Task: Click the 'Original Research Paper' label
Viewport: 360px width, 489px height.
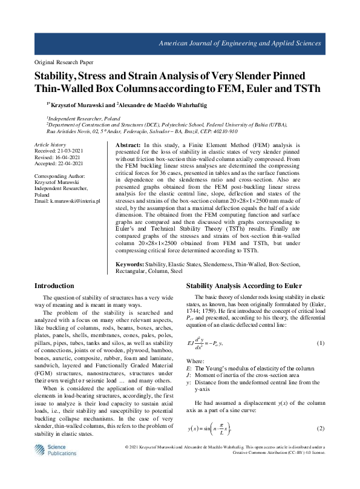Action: (64, 62)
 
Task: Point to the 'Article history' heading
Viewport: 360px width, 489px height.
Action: (50, 145)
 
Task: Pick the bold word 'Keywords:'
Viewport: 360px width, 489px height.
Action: (129, 264)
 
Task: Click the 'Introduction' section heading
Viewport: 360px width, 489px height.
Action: (54, 286)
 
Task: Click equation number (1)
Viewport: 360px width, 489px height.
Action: (321, 343)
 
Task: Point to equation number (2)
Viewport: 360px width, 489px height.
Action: (321, 428)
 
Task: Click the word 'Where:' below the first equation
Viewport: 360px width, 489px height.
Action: (194, 359)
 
